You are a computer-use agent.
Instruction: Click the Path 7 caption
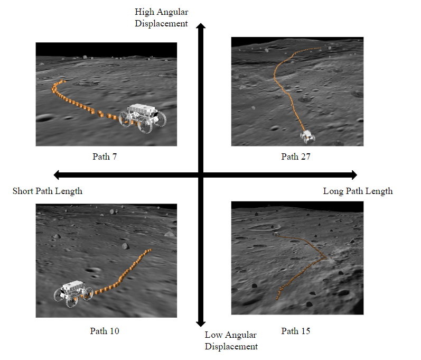click(105, 156)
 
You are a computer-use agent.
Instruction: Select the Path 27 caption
click(296, 156)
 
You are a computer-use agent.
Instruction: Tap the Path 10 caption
click(105, 331)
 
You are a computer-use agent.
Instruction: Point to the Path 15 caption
click(296, 331)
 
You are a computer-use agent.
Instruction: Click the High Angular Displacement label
click(161, 17)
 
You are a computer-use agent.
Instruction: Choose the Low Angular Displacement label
click(231, 340)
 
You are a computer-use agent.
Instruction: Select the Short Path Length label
click(48, 191)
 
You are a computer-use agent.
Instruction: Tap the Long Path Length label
click(358, 191)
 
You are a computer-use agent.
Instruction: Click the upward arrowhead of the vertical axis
click(201, 26)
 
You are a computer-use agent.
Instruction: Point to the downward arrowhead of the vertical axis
click(201, 324)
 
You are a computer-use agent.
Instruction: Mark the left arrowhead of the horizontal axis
click(57, 175)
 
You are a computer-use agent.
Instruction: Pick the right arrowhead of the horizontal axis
click(354, 175)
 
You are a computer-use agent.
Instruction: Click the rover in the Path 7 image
click(143, 118)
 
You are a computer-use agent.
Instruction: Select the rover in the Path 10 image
click(73, 293)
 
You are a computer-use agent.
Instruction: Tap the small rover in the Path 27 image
click(307, 136)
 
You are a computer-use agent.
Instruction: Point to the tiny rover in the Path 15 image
click(276, 234)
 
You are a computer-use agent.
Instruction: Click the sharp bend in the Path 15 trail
click(325, 258)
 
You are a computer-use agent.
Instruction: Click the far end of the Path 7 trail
click(63, 80)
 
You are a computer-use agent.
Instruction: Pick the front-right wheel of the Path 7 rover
click(145, 125)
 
